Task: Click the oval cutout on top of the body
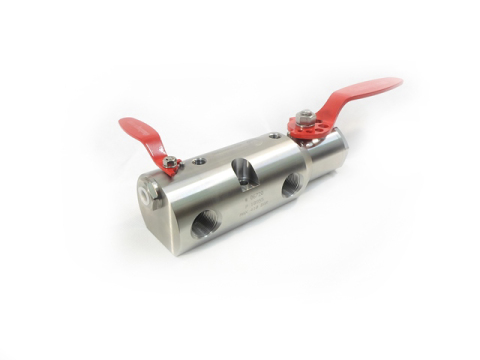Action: pos(245,166)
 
